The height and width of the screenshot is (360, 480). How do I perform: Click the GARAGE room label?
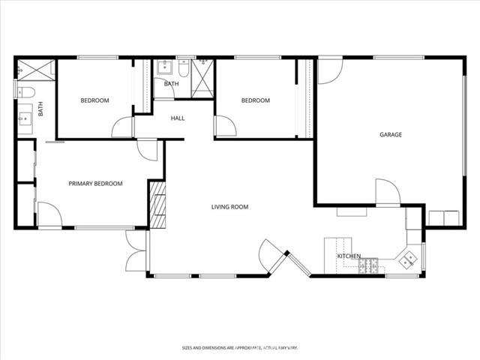pos(391,134)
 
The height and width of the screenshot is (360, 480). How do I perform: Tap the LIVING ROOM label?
pos(229,207)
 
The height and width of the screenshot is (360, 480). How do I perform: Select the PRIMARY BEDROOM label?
pos(95,184)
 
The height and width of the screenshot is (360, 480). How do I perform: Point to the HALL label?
pos(178,118)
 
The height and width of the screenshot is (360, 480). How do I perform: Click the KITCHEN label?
pos(349,256)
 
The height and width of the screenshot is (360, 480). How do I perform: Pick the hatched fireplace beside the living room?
pos(157,205)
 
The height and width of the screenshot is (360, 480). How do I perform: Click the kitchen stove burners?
pos(368,266)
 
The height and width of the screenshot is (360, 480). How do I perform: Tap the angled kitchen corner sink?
pos(408,260)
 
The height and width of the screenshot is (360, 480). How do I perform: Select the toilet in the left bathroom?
pos(25,92)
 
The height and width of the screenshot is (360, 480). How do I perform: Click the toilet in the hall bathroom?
pos(184,68)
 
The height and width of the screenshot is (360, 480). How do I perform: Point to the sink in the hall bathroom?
pos(165,67)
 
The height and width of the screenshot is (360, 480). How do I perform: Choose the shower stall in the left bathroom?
pos(36,70)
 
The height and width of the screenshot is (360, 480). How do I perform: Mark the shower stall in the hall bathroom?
pos(202,78)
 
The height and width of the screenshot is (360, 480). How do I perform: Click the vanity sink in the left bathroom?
pos(25,118)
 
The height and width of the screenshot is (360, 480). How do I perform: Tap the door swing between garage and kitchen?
pos(388,192)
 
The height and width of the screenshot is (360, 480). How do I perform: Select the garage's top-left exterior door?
pos(330,71)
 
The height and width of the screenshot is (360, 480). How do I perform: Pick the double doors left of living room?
pos(136,250)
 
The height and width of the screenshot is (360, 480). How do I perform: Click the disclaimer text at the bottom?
pos(240,348)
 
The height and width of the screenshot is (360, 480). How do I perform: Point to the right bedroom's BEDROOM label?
pos(256,100)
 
